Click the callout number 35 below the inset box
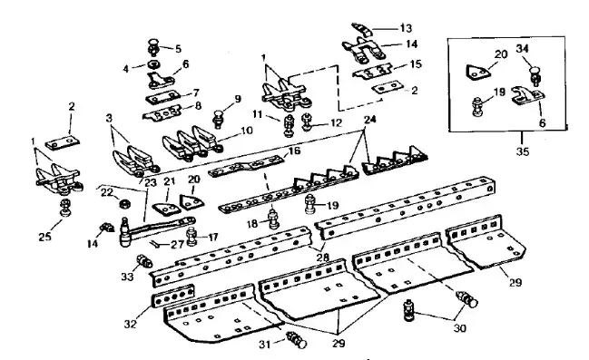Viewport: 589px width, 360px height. (x=522, y=151)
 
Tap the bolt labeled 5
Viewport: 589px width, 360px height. (x=154, y=47)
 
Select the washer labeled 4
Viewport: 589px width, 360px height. (x=153, y=64)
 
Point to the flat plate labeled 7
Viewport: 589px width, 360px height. (x=162, y=98)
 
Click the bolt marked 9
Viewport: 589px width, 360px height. (x=218, y=118)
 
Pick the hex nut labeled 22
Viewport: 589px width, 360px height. (x=123, y=204)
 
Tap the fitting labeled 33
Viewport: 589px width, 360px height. (x=144, y=260)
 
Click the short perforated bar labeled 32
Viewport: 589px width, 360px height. (x=174, y=296)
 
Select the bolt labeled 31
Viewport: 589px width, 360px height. (x=297, y=340)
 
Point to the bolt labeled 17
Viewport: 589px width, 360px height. (x=191, y=237)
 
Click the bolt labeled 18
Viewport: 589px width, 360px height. (x=273, y=219)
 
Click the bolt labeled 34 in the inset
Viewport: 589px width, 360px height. (x=535, y=74)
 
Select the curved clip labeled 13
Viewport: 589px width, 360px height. (x=361, y=28)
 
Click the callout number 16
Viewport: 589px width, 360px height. (x=294, y=151)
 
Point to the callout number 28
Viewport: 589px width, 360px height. (x=323, y=258)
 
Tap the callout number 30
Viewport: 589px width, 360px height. (x=460, y=328)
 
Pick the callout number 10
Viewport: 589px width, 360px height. (x=247, y=131)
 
